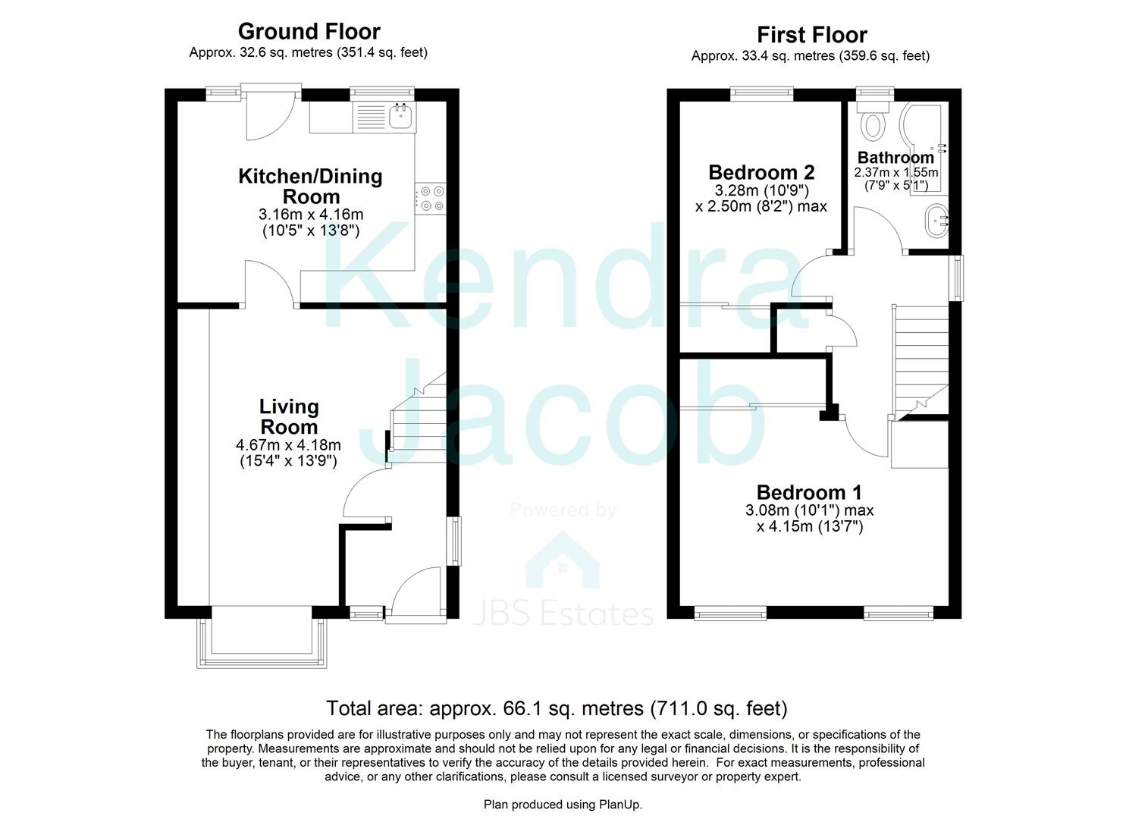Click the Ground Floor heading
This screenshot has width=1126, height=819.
coord(309,32)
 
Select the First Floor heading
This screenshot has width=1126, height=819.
coord(812,35)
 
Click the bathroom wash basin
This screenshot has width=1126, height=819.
coord(936,220)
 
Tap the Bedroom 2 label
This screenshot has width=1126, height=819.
coord(761,172)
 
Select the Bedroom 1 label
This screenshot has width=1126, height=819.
coord(809,491)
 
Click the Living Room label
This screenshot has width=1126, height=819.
coord(289,417)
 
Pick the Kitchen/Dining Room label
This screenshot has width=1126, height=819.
coord(311,186)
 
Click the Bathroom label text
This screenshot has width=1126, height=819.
coord(895,158)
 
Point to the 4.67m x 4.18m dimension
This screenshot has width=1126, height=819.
coord(289,445)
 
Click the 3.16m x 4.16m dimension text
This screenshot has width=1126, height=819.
coord(311,214)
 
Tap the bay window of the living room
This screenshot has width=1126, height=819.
coord(262,638)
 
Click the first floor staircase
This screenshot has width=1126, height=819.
coord(921,362)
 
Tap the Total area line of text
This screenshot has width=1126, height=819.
coord(557,708)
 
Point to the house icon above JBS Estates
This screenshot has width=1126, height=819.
coord(563,560)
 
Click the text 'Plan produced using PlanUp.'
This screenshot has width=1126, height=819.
coord(563,805)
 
